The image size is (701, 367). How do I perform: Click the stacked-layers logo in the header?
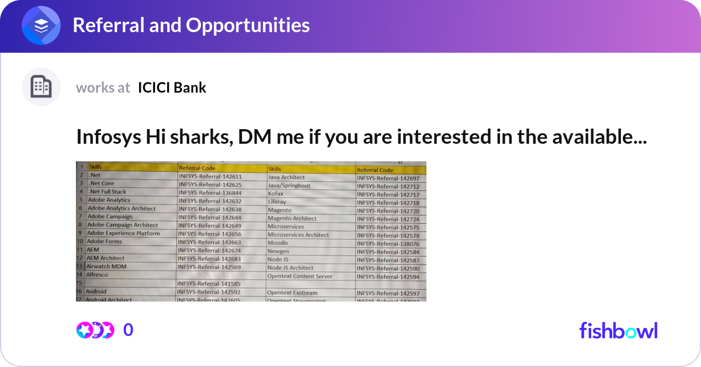(x=41, y=26)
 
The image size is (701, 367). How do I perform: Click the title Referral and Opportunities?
(x=191, y=25)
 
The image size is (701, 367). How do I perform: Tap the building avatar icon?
(x=41, y=87)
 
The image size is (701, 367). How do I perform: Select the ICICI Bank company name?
(x=172, y=88)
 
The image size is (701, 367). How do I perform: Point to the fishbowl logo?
(x=618, y=330)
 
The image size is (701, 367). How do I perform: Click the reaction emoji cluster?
(x=95, y=330)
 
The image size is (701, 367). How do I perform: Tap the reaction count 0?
(x=128, y=330)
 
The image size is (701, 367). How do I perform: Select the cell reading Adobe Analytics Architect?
(x=122, y=209)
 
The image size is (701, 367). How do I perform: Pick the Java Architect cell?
(x=286, y=177)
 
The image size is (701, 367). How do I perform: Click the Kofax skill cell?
(x=276, y=193)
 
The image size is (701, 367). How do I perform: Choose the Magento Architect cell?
(x=292, y=219)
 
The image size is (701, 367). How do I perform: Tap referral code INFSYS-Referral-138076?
(x=388, y=244)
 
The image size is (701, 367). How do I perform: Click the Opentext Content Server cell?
(x=300, y=276)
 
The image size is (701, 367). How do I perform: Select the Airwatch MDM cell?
(x=106, y=266)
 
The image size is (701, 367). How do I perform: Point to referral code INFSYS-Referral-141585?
(x=209, y=284)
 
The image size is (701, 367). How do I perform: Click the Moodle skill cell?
(x=278, y=243)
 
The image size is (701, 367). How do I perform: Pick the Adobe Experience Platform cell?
(x=123, y=233)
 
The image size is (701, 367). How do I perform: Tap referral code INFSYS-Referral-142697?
(x=388, y=178)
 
